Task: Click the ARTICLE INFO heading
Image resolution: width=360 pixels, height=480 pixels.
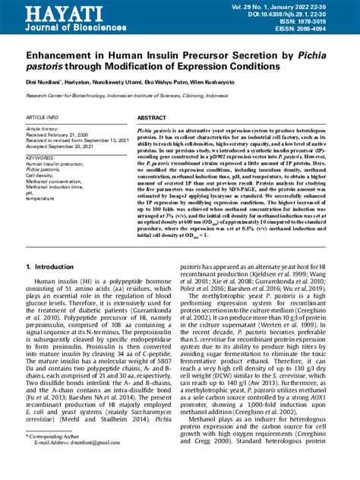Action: pos(41,118)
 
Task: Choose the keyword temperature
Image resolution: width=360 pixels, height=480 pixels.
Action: pos(43,198)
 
